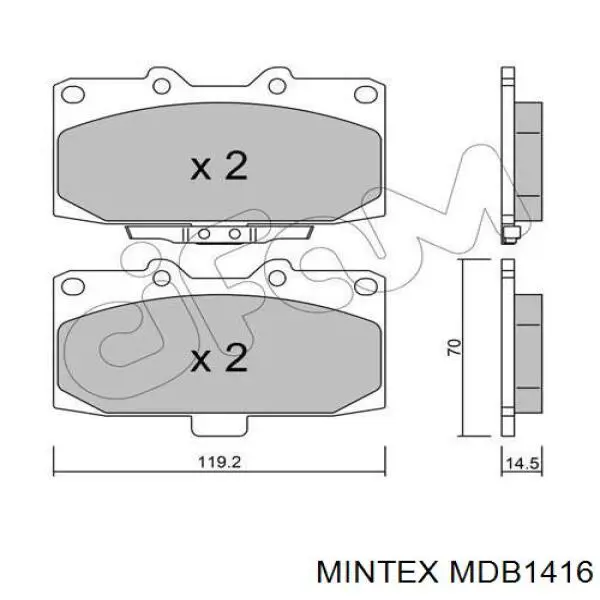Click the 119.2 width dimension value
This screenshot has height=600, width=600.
(219, 462)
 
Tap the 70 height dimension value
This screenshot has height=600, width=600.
(454, 347)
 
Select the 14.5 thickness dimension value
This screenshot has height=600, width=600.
(522, 464)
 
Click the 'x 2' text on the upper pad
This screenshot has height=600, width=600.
(219, 166)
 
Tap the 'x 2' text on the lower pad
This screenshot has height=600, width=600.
(219, 357)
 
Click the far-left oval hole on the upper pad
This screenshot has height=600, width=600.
(73, 94)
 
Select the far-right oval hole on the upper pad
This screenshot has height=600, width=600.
(366, 94)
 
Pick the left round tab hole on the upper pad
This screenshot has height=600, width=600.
(161, 86)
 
